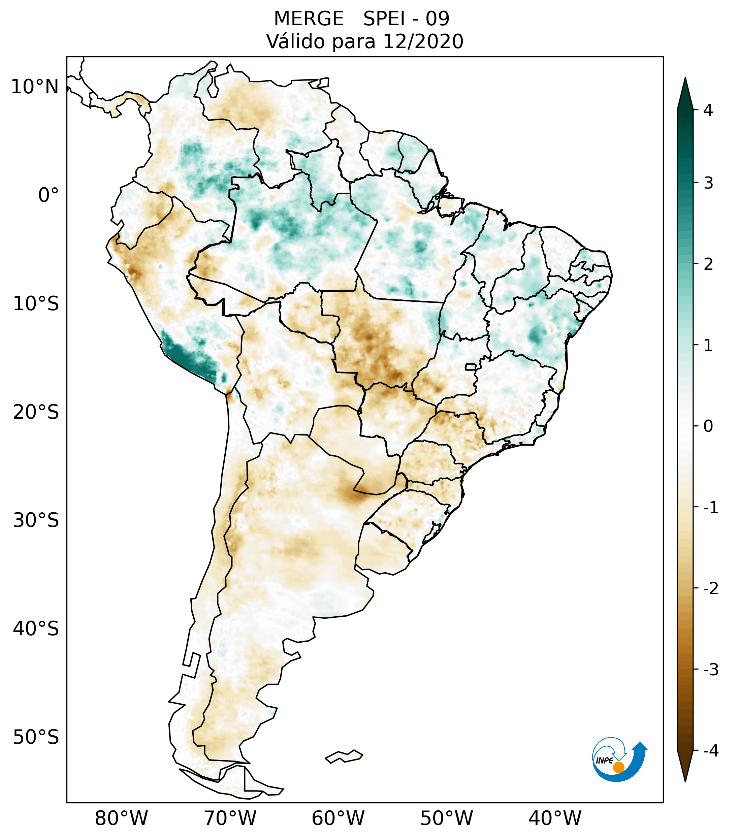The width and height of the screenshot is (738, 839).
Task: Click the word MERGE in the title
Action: point(308,19)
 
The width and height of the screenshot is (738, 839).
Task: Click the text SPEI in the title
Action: point(384,19)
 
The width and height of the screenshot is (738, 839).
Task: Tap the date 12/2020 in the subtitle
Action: point(423,41)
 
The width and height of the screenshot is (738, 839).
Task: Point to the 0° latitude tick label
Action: point(49,195)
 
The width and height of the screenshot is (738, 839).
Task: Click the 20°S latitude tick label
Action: point(36,412)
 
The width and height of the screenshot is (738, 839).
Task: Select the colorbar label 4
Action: point(708,110)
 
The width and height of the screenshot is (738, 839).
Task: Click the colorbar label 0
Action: point(708,426)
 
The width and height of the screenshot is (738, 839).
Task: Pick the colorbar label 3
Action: point(708,183)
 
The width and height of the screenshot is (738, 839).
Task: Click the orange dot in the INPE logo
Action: point(618,767)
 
